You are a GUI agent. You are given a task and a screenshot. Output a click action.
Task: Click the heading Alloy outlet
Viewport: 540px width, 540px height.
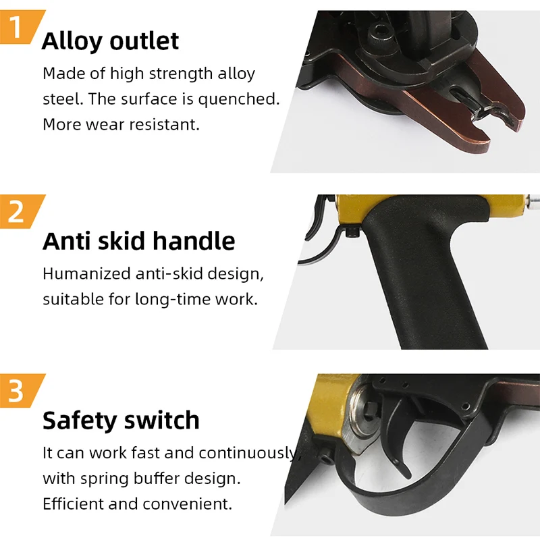tap(110, 41)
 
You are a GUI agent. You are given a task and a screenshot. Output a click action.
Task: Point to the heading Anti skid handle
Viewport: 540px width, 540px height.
tap(138, 241)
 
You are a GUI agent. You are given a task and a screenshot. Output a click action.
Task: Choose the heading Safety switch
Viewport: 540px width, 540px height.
tap(121, 421)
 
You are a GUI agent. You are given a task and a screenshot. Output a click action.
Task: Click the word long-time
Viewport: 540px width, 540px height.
tap(165, 299)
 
